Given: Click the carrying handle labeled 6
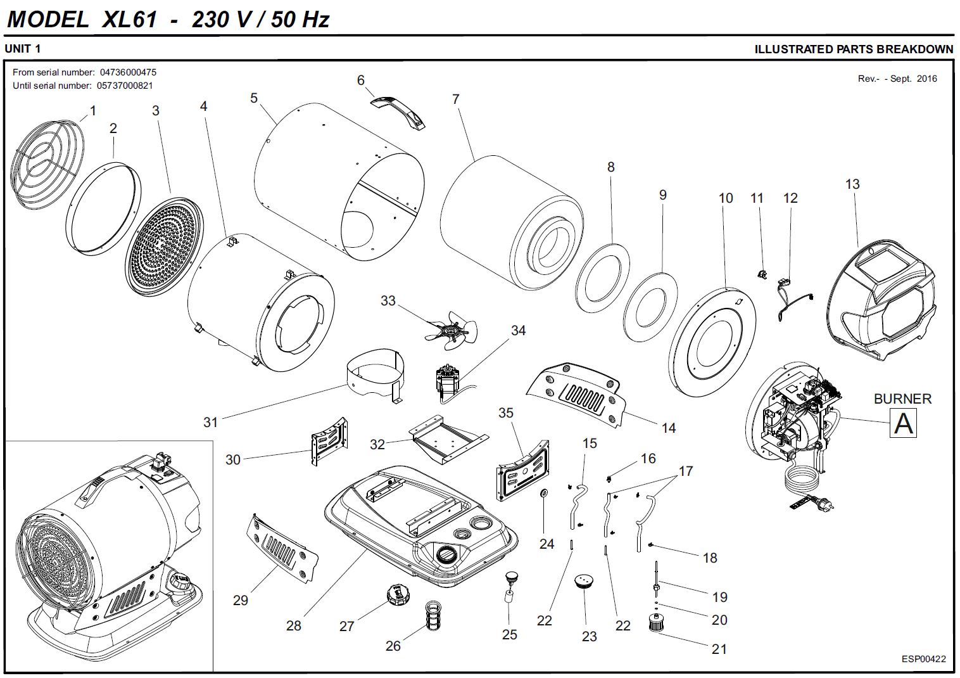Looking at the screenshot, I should coord(398,110).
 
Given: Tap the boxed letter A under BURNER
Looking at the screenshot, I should coord(903,423).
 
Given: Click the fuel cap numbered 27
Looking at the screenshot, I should coord(398,596).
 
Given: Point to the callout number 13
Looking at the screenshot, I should coord(852,184).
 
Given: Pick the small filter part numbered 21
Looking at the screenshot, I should coord(659,622).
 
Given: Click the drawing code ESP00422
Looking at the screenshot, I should coord(923,659).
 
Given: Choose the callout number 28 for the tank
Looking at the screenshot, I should coord(294,626).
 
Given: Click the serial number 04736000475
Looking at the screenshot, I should coord(128,72).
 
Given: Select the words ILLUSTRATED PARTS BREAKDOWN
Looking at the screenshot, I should coord(854,49).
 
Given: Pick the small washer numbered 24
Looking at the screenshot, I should coord(544,494).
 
